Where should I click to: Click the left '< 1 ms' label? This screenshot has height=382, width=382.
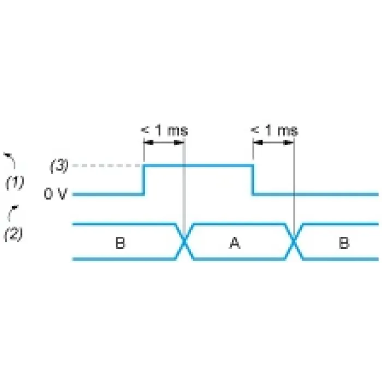click(x=164, y=130)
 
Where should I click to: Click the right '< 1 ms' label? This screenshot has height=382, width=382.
click(x=274, y=130)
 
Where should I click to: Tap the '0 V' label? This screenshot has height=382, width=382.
click(x=56, y=194)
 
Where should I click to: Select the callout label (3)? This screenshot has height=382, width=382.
click(x=59, y=166)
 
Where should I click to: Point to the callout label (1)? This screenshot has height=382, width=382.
click(x=15, y=182)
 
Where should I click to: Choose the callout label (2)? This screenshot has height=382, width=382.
click(x=14, y=234)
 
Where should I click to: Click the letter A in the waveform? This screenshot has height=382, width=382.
click(x=235, y=243)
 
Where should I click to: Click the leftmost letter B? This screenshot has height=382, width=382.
click(x=120, y=243)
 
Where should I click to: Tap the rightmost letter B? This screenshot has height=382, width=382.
click(x=344, y=243)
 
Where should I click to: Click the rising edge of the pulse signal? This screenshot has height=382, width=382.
click(x=144, y=180)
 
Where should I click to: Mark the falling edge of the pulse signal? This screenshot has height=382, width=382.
click(x=253, y=180)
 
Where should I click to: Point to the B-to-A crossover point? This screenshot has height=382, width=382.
click(x=184, y=241)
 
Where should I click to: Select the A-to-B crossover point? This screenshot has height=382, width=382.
click(x=294, y=241)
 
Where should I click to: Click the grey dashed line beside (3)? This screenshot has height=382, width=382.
click(x=107, y=165)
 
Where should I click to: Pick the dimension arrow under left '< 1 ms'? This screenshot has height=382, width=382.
click(x=164, y=142)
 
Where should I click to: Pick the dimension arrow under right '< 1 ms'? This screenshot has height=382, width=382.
click(x=273, y=142)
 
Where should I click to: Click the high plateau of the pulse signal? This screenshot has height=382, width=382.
click(x=198, y=166)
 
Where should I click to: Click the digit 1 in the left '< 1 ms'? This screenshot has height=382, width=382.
click(x=159, y=130)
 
